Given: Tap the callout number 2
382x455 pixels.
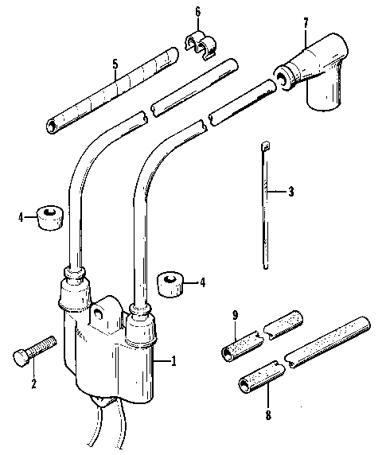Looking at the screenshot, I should coord(33,385).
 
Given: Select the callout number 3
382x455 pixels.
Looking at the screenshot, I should coord(291,191).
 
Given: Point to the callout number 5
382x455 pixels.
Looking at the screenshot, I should coord(115,64).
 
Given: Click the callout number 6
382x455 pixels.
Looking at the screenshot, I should coord(198,11).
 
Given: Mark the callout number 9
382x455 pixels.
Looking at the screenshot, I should coord(235,314).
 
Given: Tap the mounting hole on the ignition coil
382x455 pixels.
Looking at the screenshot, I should coord(99,317).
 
